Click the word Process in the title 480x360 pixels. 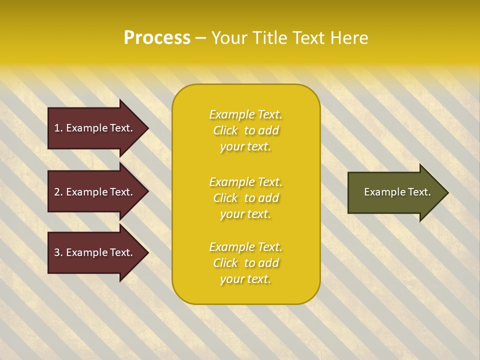(x=157, y=38)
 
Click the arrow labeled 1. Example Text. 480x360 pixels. (x=95, y=128)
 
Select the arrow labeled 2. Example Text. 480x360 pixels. (x=95, y=192)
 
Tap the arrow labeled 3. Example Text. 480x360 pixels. (x=95, y=252)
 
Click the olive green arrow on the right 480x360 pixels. (x=395, y=192)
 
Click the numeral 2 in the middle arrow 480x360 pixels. (x=57, y=192)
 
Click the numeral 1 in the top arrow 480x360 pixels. (x=57, y=128)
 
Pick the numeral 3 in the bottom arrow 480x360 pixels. (x=57, y=252)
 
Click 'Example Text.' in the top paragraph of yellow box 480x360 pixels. (x=245, y=114)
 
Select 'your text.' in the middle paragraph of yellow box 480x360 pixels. (x=245, y=214)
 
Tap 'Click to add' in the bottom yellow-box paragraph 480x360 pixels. (x=245, y=263)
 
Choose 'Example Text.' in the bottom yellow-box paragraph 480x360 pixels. (x=245, y=247)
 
